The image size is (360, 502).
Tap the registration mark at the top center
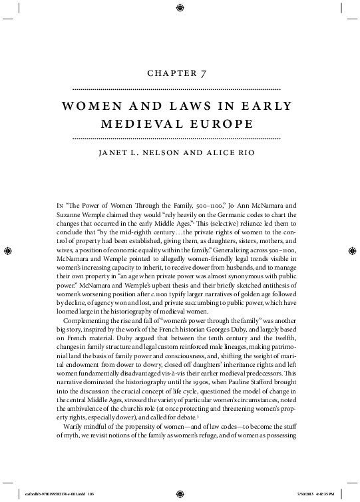[180, 9]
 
